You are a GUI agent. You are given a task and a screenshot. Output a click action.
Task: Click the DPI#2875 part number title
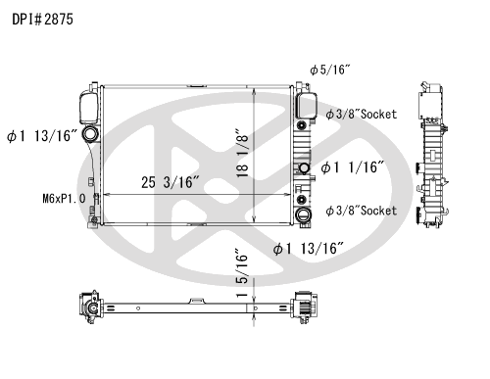(x=42, y=20)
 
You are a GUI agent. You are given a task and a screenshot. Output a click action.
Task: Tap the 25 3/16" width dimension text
(x=171, y=182)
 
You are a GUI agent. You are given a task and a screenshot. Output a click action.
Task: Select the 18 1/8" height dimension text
(x=243, y=153)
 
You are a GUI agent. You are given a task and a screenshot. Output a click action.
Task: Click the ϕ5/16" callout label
(x=330, y=70)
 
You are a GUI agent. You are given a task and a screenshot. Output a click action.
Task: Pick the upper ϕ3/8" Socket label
(x=362, y=114)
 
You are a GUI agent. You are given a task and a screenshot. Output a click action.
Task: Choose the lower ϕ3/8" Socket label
(x=362, y=211)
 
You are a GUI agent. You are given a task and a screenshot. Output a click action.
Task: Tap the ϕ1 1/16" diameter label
(x=352, y=167)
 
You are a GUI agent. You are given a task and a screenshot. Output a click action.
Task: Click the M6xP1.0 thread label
(x=64, y=198)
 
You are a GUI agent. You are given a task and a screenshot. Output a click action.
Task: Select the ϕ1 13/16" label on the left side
(x=42, y=136)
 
